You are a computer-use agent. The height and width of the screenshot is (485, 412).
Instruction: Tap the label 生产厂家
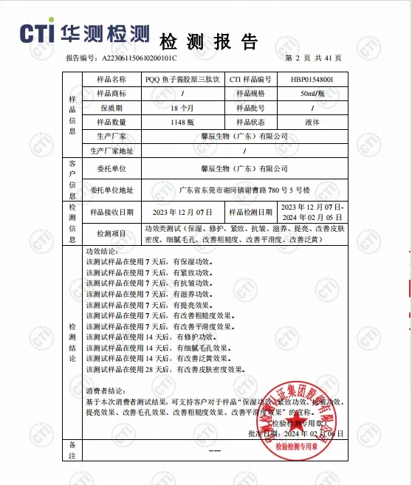click(x=111, y=137)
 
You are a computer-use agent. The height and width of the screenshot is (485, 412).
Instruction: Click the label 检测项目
click(x=111, y=234)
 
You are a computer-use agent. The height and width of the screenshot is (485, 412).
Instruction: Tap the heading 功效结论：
click(x=103, y=252)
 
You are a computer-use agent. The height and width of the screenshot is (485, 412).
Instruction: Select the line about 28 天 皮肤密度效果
click(x=164, y=368)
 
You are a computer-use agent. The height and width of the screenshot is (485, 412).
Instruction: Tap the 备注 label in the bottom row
click(x=72, y=450)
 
